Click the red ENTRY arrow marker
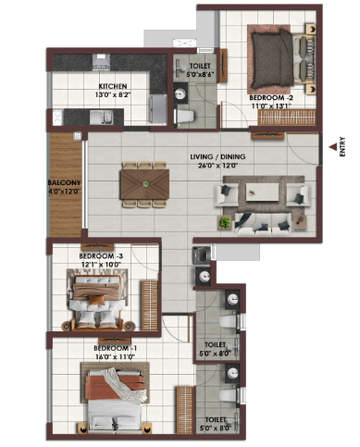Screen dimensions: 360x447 click(x=332, y=147)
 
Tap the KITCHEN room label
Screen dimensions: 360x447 click(x=113, y=86)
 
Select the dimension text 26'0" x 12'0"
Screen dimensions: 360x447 click(x=217, y=166)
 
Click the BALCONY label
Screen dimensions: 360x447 click(x=64, y=182)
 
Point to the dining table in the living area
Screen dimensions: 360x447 click(x=145, y=184)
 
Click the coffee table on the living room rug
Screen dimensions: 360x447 click(x=262, y=192)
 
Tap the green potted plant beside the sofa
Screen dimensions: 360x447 click(x=225, y=222)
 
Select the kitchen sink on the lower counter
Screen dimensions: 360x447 click(x=101, y=118)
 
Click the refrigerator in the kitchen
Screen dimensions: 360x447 click(x=158, y=109)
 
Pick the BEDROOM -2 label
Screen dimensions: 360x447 click(x=271, y=98)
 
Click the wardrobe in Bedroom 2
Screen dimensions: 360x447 click(x=287, y=118)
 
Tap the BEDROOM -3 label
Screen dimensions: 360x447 click(x=101, y=256)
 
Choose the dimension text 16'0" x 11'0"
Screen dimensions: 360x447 click(x=115, y=356)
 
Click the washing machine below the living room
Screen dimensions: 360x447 click(x=201, y=255)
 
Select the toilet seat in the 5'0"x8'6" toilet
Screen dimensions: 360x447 click(x=185, y=117)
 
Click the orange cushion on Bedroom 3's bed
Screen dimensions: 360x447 click(x=93, y=300)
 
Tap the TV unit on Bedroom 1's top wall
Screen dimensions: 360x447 click(x=115, y=341)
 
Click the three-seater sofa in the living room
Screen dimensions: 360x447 click(x=263, y=224)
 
